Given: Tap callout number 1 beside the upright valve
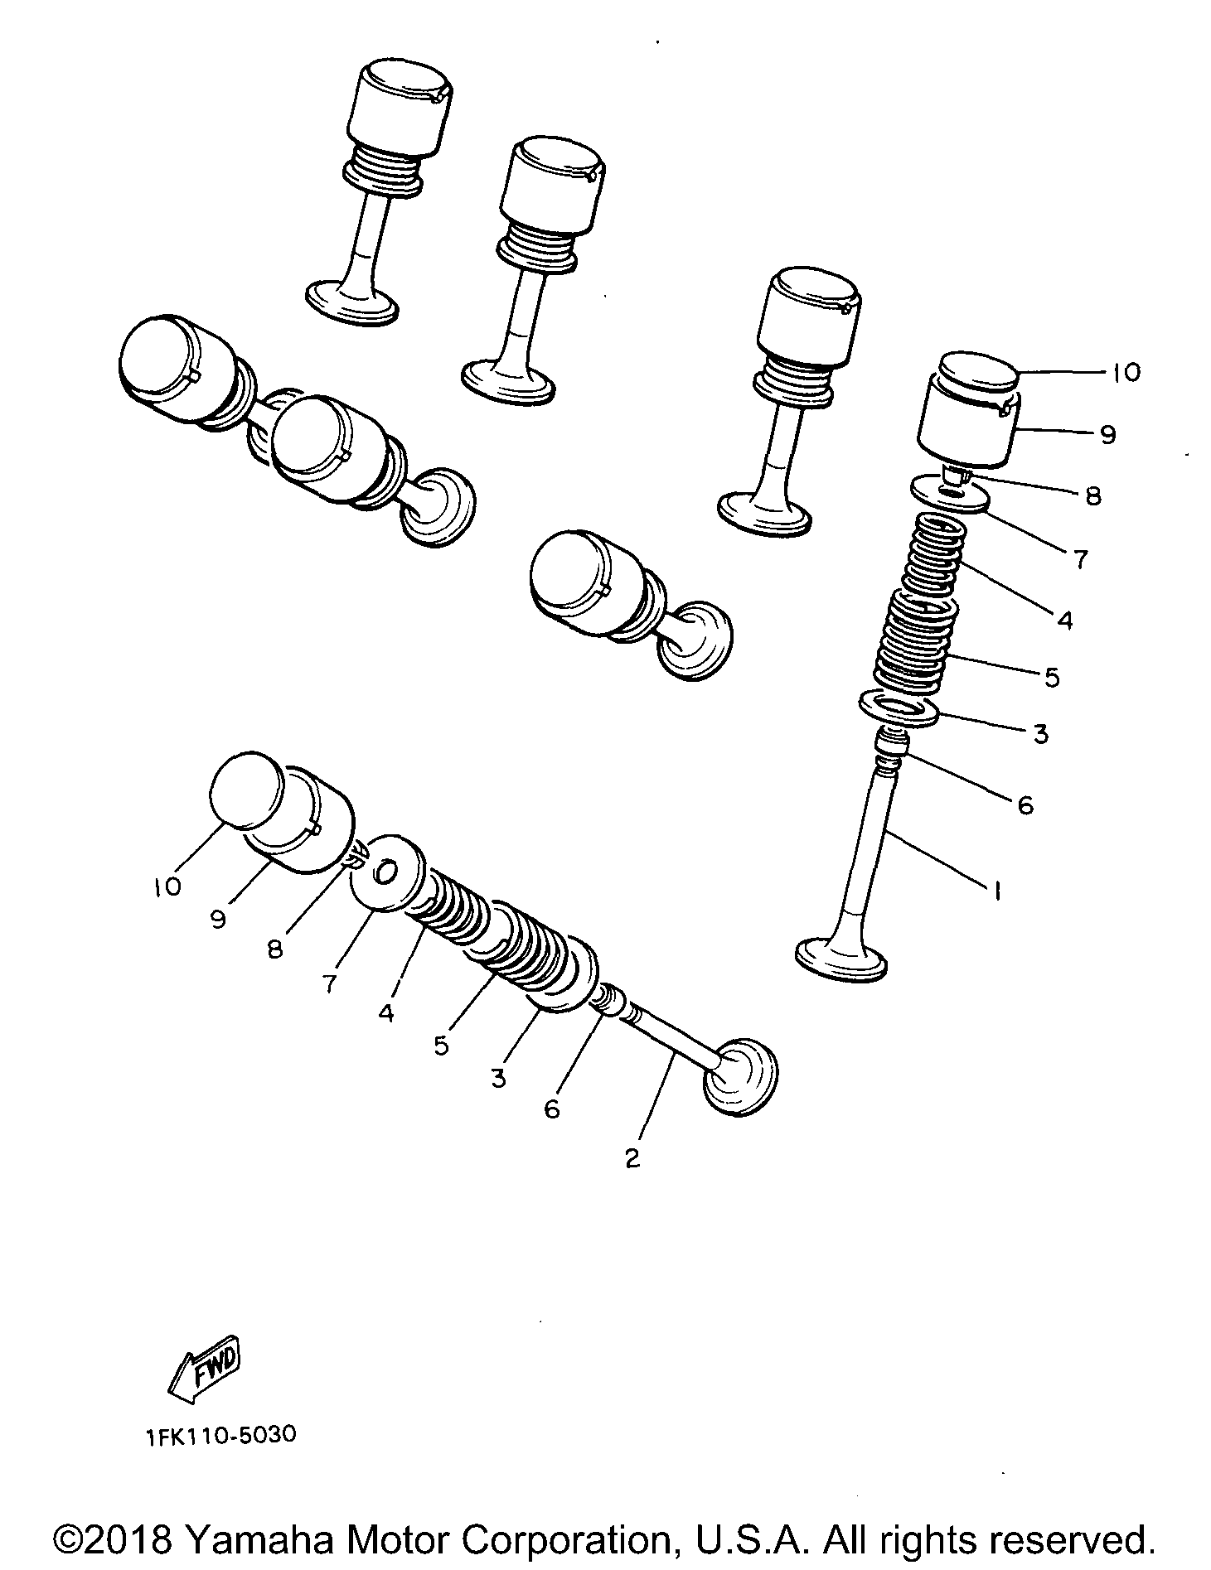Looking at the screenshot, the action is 996,891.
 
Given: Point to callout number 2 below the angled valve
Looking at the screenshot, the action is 632,1158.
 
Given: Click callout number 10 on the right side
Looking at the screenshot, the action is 1125,373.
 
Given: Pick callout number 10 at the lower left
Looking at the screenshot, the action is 167,886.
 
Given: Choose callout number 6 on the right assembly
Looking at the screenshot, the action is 1025,804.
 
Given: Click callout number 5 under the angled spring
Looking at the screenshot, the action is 440,1046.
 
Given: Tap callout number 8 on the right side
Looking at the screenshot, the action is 1092,496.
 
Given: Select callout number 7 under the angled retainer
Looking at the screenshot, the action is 329,983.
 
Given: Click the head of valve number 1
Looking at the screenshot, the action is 840,959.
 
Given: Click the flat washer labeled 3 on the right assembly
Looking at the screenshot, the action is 899,710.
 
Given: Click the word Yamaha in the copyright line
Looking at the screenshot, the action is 259,1540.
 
